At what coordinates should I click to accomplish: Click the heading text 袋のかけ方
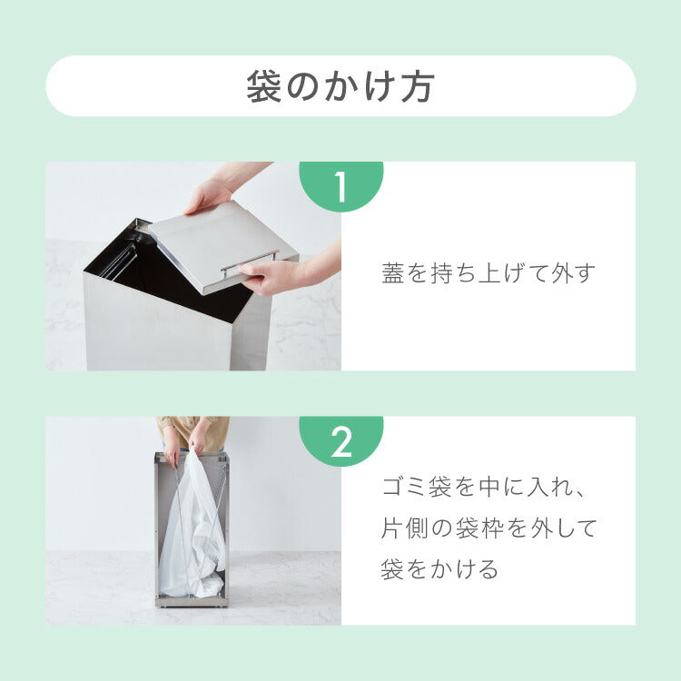[x=340, y=86]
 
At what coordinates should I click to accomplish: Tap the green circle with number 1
[x=340, y=186]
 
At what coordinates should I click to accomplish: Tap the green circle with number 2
[x=340, y=441]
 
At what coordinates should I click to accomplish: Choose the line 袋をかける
[x=439, y=569]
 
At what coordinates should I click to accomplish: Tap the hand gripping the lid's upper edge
[x=210, y=194]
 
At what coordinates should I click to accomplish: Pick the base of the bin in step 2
[x=192, y=601]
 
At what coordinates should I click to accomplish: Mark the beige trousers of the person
[x=192, y=431]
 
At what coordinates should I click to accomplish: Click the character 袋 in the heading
[x=264, y=86]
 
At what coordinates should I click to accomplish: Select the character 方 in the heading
[x=417, y=86]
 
